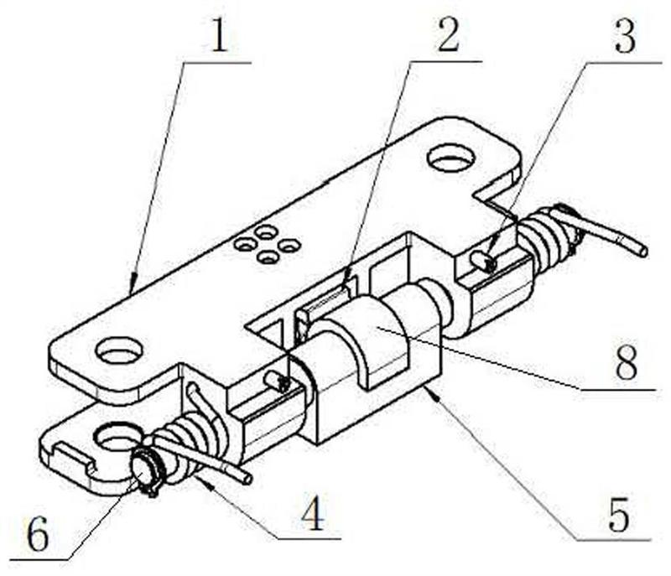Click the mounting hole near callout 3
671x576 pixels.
[451, 158]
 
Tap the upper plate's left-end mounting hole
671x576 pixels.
[119, 350]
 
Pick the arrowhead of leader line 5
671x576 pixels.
[429, 387]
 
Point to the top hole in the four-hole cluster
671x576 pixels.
[267, 231]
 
